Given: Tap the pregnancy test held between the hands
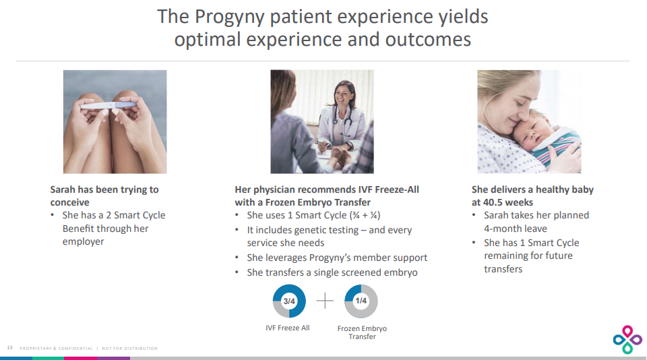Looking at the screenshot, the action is pos(108,105).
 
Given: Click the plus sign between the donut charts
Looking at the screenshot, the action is pos(325,301).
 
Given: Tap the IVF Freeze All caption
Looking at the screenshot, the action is pos(288,328).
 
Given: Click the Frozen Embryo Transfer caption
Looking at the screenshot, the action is pos(362,332).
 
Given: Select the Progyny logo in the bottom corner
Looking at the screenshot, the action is pos(627,339).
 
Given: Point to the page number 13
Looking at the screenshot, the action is pos(10,348).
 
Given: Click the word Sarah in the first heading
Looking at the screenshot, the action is pos(63,189).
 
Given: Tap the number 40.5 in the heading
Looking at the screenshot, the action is pos(495,202).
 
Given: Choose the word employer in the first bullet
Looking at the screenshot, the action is pos(83,241).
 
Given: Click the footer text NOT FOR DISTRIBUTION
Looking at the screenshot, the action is pos(129,349).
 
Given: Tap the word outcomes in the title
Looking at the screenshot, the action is pos(428,40).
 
